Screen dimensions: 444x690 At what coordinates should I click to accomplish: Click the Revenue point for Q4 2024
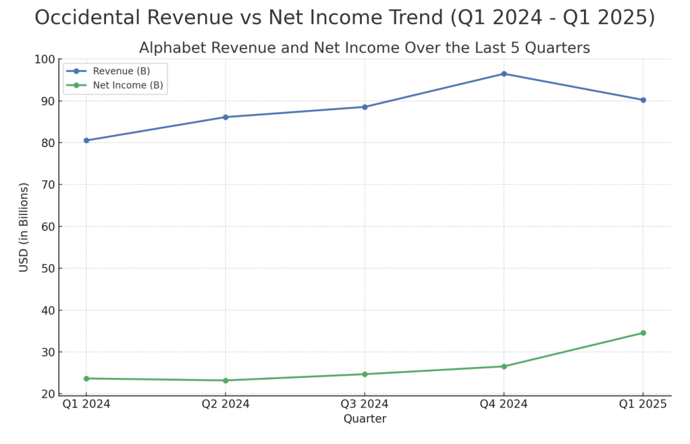click(x=504, y=74)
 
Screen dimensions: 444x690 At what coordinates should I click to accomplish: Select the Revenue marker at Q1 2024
click(x=86, y=140)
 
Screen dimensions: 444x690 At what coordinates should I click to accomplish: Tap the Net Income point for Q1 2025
click(x=643, y=333)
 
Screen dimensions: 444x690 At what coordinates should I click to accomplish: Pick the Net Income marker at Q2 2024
click(x=225, y=381)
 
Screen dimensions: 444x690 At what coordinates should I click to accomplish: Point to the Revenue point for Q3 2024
click(x=365, y=107)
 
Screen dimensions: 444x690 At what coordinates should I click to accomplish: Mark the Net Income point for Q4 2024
click(x=504, y=366)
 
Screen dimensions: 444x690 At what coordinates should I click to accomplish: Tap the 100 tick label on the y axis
click(x=44, y=59)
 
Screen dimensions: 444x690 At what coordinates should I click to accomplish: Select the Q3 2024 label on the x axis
click(x=365, y=404)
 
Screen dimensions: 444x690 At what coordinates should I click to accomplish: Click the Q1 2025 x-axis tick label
click(x=643, y=404)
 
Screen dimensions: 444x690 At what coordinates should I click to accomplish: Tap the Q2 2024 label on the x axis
click(x=225, y=404)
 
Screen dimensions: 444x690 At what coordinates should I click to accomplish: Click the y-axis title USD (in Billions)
click(x=24, y=227)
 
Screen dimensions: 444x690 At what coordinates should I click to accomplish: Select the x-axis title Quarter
click(x=365, y=419)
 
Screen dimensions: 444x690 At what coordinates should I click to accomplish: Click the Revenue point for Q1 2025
click(x=643, y=100)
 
